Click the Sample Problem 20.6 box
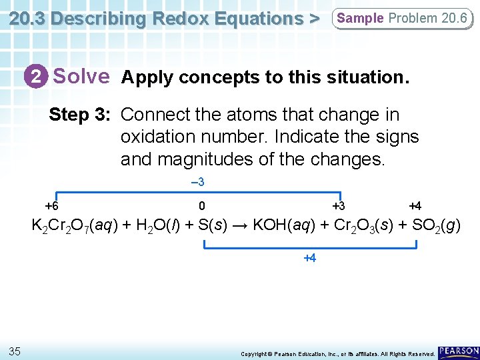pos(402,18)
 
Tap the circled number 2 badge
pos(38,77)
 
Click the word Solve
pos(81,77)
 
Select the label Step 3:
pos(79,115)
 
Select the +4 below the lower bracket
pos(309,257)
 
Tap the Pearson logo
pos(459,351)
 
